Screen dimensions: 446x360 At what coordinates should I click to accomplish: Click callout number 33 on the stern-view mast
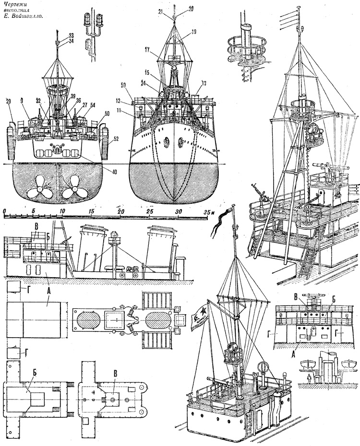click(71, 35)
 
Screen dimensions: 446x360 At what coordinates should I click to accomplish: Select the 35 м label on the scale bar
click(209, 211)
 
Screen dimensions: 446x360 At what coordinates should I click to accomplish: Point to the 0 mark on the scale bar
click(4, 211)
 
